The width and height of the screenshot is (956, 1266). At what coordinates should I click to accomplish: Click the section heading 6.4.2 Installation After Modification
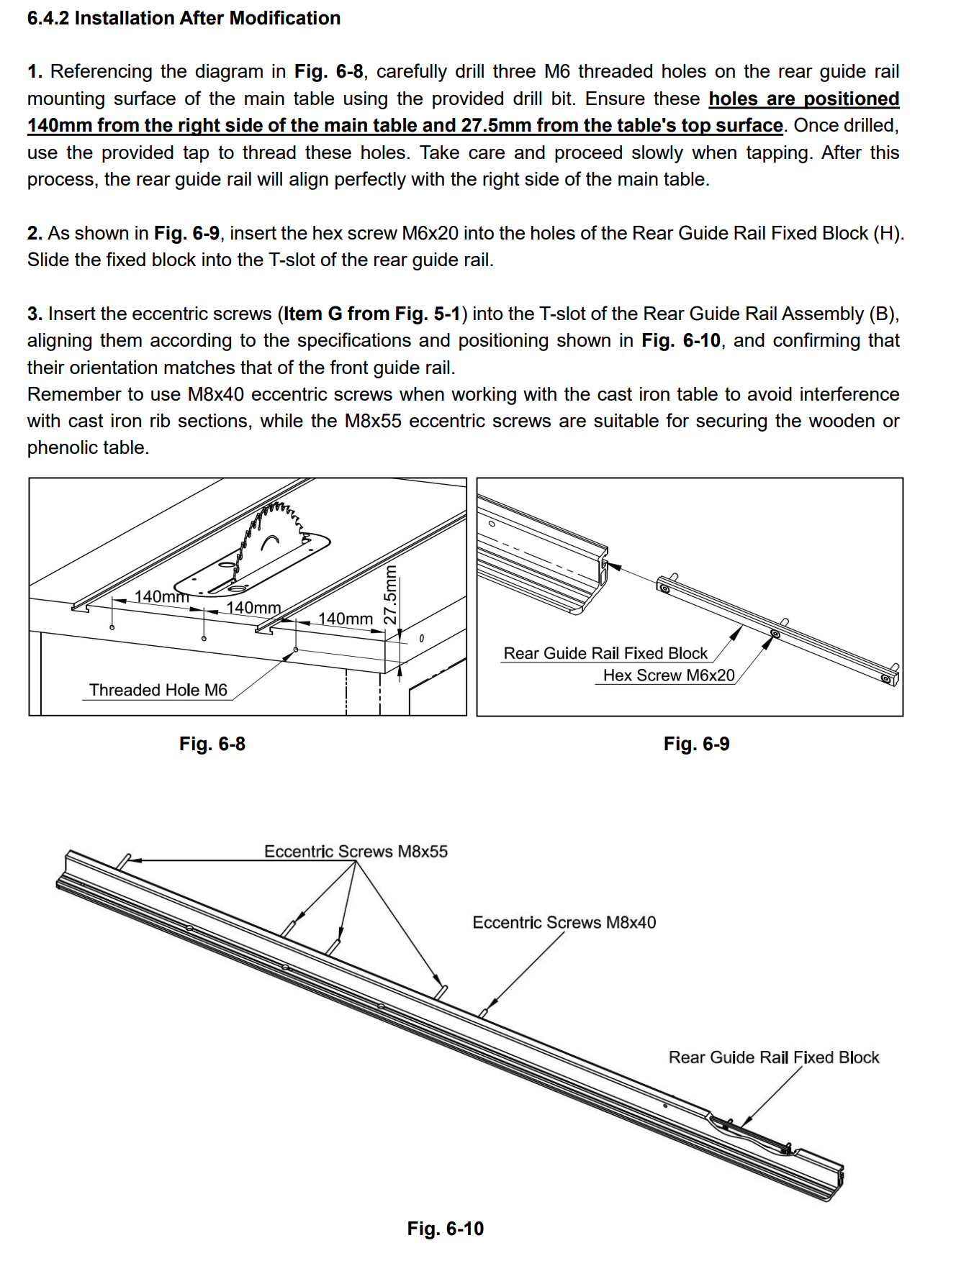(x=184, y=18)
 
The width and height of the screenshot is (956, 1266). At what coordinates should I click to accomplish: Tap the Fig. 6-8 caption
(x=212, y=744)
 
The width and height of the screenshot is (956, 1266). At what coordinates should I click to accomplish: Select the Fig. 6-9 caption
(x=696, y=744)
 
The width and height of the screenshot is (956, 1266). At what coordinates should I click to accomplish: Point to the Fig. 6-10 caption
(x=445, y=1229)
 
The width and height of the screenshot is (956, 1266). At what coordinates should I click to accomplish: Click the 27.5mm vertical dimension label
(x=389, y=594)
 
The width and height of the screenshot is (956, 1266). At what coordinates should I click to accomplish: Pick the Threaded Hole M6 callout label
(x=158, y=691)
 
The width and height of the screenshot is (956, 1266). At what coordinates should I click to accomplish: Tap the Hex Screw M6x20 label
(x=669, y=675)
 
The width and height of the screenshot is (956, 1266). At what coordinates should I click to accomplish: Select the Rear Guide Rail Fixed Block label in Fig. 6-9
(x=605, y=653)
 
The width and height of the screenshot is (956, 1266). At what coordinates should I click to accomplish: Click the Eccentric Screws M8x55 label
(x=356, y=852)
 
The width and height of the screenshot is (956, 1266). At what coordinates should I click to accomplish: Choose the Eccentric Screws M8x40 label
(x=564, y=923)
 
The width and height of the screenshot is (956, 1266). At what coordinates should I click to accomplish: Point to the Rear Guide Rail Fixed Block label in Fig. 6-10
(x=774, y=1057)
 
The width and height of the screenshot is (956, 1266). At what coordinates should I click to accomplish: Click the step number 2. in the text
(x=35, y=234)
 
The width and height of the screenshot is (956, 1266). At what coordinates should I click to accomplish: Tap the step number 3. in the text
(x=35, y=314)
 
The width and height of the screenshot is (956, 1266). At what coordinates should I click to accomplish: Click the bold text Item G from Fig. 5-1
(x=371, y=314)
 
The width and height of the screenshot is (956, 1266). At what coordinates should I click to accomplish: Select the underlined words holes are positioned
(x=803, y=99)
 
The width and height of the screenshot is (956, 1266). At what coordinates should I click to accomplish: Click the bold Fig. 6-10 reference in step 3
(x=681, y=341)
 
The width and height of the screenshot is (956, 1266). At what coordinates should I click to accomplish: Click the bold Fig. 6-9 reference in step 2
(x=186, y=234)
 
